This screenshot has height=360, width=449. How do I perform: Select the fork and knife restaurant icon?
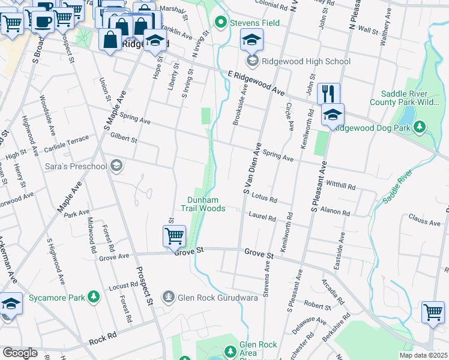pyautogui.click(x=328, y=94)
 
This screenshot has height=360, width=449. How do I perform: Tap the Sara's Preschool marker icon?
pyautogui.click(x=116, y=166)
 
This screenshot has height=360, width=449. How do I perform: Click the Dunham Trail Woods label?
pyautogui.click(x=206, y=204)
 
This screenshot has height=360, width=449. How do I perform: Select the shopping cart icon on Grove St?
pyautogui.click(x=174, y=236)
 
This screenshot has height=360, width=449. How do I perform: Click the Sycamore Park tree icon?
pyautogui.click(x=93, y=296)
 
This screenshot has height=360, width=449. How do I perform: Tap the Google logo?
pyautogui.click(x=20, y=352)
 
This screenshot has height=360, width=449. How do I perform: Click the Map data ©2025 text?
pyautogui.click(x=423, y=355)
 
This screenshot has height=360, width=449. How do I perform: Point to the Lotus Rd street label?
pyautogui.click(x=264, y=198)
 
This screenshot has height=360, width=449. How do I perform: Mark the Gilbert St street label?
pyautogui.click(x=124, y=139)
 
